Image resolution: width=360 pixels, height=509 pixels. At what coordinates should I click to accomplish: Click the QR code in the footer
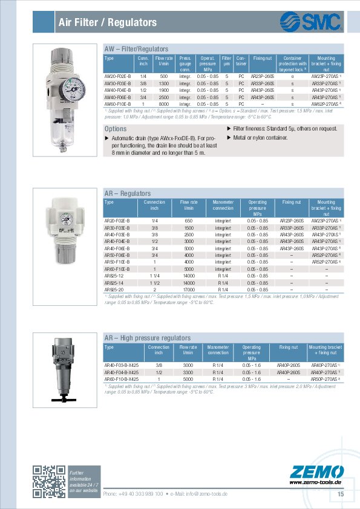coord(48,482)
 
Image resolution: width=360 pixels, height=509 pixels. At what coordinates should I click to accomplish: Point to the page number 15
coord(341,494)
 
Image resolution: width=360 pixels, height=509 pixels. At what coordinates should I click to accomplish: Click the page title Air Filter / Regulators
coord(108,23)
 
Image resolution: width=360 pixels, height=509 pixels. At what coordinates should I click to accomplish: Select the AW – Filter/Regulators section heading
coord(137,48)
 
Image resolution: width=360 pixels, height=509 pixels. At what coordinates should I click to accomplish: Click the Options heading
coord(116,129)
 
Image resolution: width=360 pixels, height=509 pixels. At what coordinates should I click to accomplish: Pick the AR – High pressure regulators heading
coord(148,338)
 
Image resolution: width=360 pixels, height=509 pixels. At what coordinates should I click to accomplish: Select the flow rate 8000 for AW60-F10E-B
coord(163,104)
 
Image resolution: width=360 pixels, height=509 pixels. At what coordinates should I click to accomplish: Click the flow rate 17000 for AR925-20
coord(189,290)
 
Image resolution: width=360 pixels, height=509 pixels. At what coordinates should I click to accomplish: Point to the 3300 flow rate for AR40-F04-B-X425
coord(188,372)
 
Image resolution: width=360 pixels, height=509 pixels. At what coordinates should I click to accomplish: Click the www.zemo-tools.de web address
coord(316,482)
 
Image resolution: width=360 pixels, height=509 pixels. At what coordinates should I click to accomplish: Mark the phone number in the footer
coord(133,494)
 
